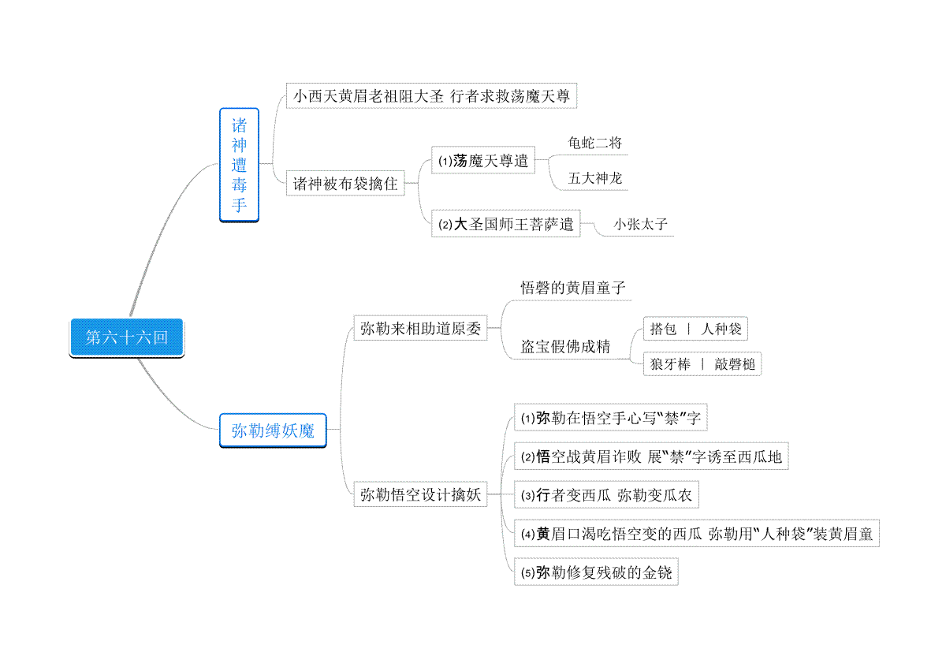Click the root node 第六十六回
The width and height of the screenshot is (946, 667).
click(127, 337)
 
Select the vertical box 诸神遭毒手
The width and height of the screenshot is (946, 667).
click(239, 165)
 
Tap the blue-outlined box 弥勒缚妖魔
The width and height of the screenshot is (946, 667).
click(273, 430)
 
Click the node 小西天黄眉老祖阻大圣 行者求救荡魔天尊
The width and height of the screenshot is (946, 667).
click(431, 96)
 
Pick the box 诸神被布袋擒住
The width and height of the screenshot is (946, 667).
click(345, 184)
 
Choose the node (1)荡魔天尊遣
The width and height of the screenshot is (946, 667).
click(483, 160)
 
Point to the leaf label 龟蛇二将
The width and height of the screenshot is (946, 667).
click(594, 143)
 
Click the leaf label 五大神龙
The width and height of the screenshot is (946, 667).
click(594, 178)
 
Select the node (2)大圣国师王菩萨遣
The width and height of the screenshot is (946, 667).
click(505, 223)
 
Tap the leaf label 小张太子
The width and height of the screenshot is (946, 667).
click(640, 224)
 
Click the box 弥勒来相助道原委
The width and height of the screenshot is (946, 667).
click(420, 328)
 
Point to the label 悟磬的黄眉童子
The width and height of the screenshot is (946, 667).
click(572, 288)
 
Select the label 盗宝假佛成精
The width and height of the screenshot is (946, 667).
click(565, 346)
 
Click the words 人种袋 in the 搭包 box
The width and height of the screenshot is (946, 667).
click(721, 329)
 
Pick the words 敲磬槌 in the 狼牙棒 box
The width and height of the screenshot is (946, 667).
click(735, 364)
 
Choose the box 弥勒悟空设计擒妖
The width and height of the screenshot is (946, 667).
click(420, 494)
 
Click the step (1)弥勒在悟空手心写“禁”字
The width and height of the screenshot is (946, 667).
click(611, 418)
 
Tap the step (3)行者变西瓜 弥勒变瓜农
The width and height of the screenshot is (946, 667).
click(606, 494)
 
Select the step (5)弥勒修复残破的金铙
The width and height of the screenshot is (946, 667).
click(596, 572)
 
